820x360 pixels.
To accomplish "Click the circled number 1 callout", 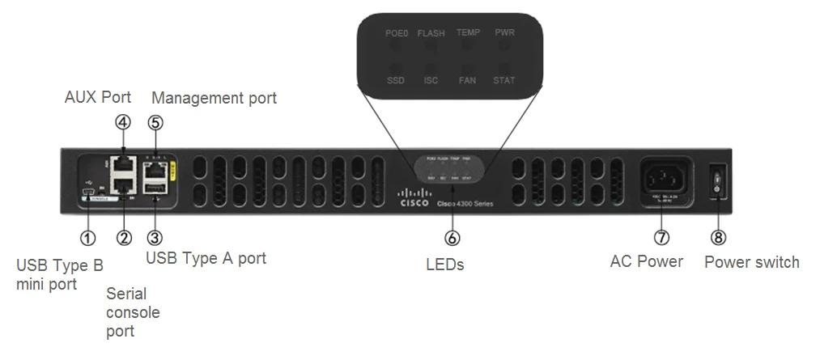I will [87, 238].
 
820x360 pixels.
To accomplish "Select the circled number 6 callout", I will [452, 238].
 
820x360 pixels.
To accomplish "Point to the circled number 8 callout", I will [718, 238].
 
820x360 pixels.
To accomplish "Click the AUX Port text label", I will [98, 98].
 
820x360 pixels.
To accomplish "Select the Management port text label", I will [214, 98].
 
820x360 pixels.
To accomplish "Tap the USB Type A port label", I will [206, 259].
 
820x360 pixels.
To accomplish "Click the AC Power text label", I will [646, 261].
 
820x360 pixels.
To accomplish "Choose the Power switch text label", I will [751, 261].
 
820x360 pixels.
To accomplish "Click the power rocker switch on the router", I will [716, 181].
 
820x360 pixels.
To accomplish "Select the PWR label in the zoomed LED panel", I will [503, 33].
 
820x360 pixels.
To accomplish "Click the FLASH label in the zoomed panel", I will [431, 33].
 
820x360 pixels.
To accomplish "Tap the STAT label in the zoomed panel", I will [503, 81].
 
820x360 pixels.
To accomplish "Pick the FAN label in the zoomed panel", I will [467, 81].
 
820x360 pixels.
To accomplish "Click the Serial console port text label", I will [134, 312].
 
